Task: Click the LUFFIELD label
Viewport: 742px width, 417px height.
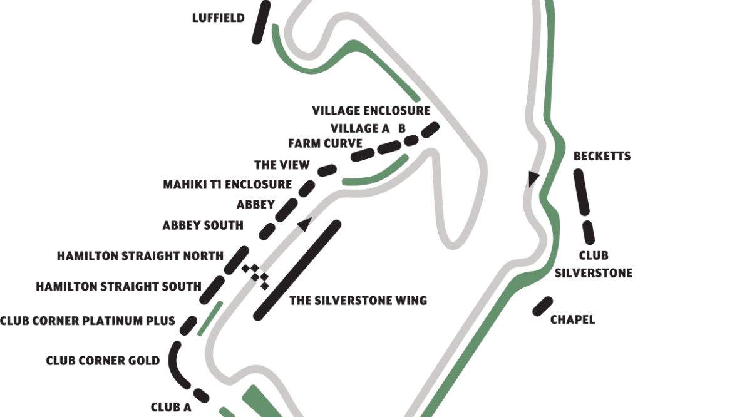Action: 218,18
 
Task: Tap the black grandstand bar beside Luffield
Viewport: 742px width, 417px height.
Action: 261,23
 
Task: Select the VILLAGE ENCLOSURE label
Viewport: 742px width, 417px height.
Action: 371,111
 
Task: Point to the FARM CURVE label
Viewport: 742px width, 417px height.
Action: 325,143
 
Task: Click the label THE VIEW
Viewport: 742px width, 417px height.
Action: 282,165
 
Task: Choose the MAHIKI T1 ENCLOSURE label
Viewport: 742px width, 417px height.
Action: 227,185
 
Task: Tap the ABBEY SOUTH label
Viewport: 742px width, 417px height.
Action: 203,225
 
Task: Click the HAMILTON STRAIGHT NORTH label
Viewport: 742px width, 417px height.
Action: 140,256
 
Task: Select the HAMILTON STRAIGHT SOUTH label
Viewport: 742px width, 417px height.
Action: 118,287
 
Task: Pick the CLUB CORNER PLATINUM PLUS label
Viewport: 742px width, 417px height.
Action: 87,321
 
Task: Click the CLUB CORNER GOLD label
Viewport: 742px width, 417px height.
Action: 103,361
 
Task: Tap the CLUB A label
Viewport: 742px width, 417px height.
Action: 171,407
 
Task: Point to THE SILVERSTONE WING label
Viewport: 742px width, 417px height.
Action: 358,301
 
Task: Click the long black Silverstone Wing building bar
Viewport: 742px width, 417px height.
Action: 297,270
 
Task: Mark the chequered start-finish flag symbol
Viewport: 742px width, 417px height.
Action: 256,276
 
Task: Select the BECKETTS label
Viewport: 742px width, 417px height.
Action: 602,156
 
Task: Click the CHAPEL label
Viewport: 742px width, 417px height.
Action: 572,320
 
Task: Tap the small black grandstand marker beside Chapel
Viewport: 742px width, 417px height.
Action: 542,306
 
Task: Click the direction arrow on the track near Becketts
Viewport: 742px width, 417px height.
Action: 533,179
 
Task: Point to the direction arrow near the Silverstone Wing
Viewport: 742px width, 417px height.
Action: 304,224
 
